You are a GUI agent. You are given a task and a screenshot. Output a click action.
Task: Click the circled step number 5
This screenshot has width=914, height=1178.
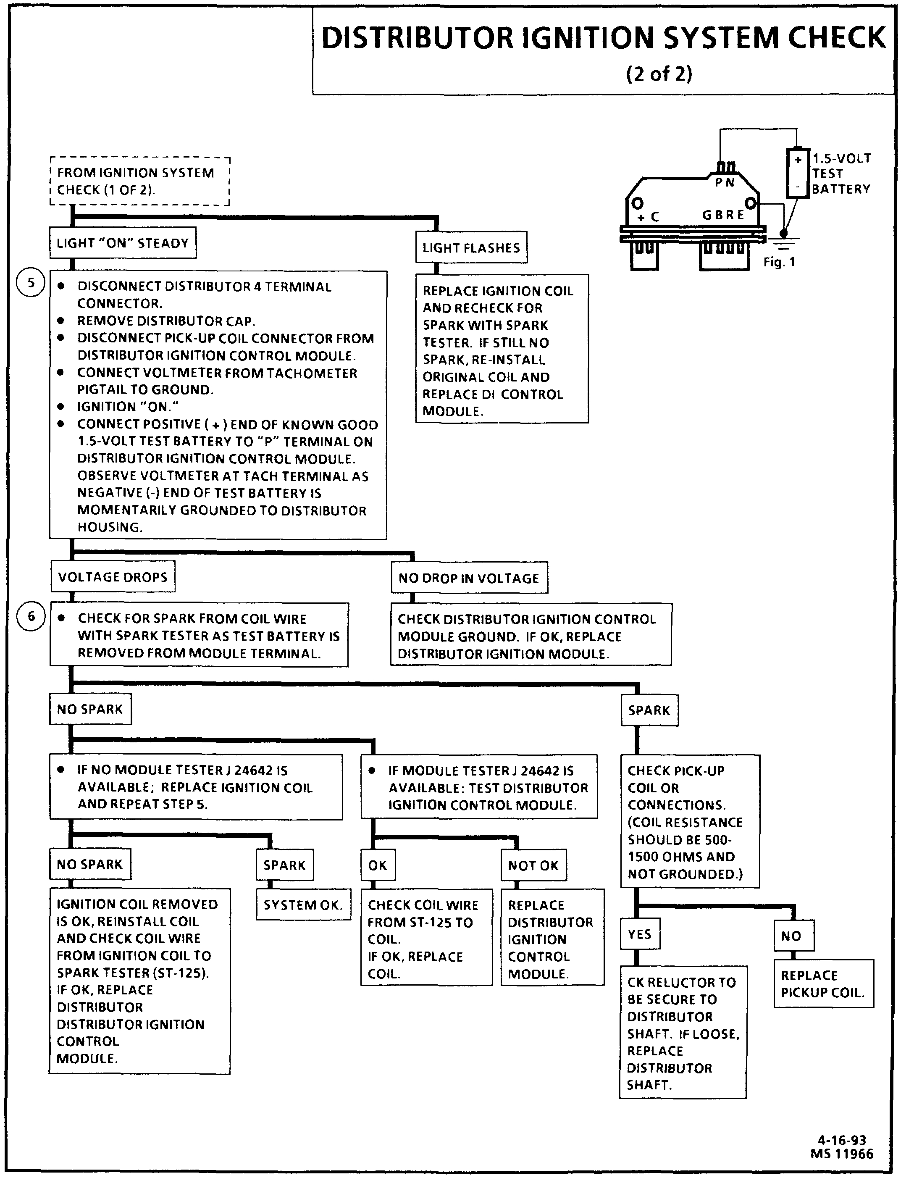point(31,283)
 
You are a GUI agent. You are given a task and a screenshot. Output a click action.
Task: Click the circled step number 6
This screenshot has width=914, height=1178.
point(31,616)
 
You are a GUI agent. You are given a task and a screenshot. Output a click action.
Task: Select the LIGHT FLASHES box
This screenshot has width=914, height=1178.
point(471,247)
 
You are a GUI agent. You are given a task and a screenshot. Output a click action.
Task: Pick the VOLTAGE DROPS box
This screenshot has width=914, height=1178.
point(113,577)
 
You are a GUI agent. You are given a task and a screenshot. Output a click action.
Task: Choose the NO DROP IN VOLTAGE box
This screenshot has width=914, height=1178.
point(469,578)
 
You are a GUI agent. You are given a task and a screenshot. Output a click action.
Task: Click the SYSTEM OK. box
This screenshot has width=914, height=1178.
point(303,905)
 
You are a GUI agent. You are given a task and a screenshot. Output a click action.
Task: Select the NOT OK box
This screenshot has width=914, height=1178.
point(533,865)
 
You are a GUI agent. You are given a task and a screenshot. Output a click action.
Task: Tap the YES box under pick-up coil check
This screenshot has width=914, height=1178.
point(640,934)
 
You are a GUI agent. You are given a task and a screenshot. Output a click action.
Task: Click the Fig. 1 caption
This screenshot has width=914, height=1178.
point(779,262)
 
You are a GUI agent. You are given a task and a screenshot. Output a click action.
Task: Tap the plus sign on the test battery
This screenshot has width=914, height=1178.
point(798,160)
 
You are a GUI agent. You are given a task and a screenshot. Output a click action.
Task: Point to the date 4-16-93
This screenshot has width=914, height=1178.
point(842,1140)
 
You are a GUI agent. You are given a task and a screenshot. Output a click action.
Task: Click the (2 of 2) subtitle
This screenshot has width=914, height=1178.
point(659,74)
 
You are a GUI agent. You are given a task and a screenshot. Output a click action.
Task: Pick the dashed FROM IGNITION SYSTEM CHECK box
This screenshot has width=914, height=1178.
point(139,181)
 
